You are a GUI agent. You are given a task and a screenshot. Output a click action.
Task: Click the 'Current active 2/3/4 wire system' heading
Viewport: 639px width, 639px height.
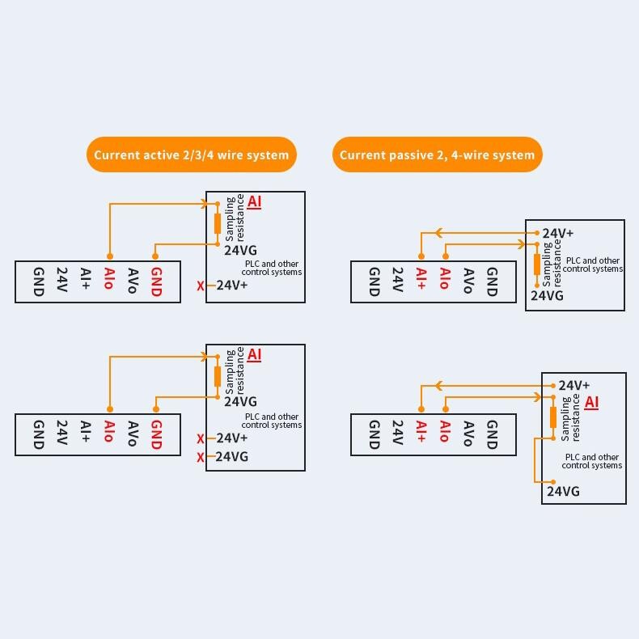click(191, 154)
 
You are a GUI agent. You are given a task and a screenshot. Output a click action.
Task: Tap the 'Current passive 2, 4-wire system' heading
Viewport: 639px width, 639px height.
click(437, 154)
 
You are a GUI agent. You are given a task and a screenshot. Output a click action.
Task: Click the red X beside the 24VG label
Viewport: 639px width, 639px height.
click(201, 458)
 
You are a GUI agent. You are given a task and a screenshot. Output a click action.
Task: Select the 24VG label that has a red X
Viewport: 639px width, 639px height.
click(232, 457)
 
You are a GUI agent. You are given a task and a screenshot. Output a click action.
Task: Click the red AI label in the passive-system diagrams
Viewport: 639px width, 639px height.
click(591, 402)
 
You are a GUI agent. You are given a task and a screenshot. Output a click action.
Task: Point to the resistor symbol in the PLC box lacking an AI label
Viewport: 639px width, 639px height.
click(536, 264)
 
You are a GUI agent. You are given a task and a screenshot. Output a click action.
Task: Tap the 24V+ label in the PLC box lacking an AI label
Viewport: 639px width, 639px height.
click(558, 234)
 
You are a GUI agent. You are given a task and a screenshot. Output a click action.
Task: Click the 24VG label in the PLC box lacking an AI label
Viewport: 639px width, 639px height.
click(547, 296)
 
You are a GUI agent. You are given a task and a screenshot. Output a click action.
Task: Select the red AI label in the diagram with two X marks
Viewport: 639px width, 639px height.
click(255, 354)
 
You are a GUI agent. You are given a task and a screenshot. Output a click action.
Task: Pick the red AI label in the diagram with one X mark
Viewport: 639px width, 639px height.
click(255, 201)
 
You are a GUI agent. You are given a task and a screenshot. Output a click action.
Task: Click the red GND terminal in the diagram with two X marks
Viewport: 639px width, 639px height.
click(156, 434)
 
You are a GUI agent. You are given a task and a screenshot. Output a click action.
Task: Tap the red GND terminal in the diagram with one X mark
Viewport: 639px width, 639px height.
click(156, 281)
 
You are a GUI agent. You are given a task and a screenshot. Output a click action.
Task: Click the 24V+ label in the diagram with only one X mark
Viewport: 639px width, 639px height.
click(232, 285)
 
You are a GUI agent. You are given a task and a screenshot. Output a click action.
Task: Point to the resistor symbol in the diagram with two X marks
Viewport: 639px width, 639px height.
click(218, 376)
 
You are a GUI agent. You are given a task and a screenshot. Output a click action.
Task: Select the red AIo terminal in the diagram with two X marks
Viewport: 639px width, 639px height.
click(109, 434)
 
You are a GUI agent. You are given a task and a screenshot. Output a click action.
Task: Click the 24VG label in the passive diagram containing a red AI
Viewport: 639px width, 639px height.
click(563, 492)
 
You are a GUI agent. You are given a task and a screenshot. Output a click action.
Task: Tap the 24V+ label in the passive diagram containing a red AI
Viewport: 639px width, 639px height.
click(574, 386)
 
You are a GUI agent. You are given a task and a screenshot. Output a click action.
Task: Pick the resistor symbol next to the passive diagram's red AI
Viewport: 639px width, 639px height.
click(553, 417)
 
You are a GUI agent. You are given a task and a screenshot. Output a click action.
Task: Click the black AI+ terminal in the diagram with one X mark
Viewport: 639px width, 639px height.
click(85, 281)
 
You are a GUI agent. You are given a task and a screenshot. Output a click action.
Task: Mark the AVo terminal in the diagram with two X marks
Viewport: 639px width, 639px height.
click(133, 434)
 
